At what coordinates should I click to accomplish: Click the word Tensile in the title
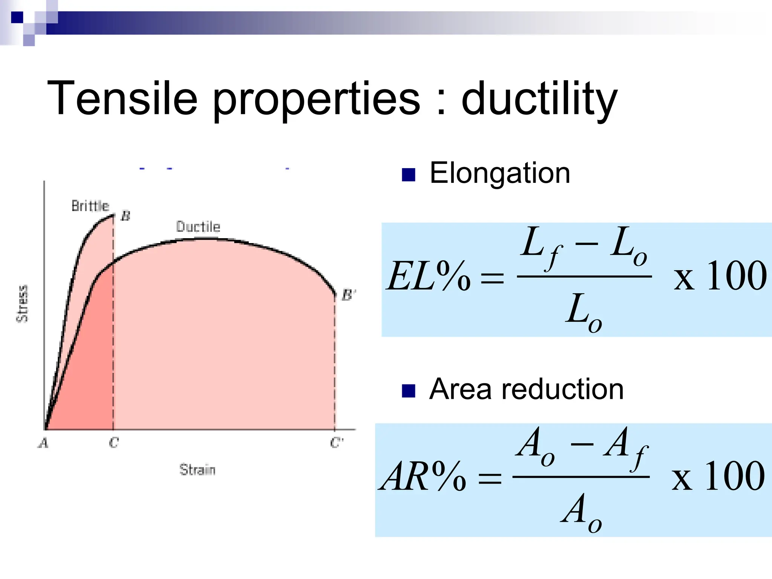(123, 99)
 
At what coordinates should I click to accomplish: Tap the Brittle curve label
(90, 206)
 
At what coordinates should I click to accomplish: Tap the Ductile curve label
(198, 227)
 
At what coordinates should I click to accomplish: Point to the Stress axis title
(22, 304)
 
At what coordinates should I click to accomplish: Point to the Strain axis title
(197, 470)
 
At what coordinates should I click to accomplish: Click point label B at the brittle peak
(126, 216)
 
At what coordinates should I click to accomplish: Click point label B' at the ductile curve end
(348, 295)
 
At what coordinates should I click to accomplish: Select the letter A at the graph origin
(44, 443)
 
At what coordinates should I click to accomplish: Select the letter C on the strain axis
(114, 442)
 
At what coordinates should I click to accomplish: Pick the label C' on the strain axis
(336, 442)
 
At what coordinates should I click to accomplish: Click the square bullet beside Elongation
(409, 175)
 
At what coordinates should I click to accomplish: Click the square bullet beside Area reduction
(409, 391)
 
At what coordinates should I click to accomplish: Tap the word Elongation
(499, 173)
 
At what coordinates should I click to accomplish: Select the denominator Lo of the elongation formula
(583, 312)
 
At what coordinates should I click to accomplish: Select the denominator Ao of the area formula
(581, 512)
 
